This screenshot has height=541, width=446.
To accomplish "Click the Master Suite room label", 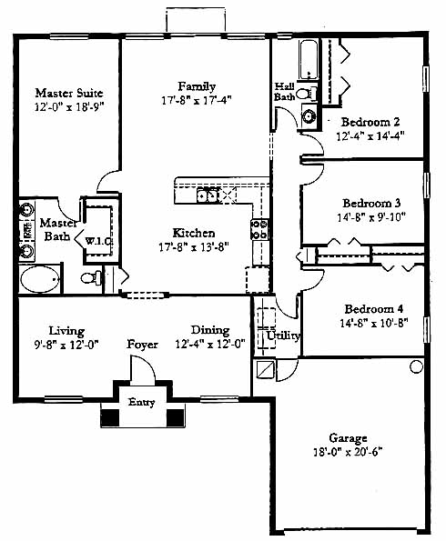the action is (x=69, y=93).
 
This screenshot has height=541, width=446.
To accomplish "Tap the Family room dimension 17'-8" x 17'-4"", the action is (x=197, y=100).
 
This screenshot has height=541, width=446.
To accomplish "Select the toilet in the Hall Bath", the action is (x=307, y=93).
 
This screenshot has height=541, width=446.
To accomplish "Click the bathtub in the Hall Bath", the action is (x=309, y=60).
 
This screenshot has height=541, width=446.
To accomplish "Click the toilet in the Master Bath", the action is (x=92, y=277).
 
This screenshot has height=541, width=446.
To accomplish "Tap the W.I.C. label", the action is (x=98, y=241).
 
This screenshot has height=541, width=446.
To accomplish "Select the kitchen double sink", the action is (x=208, y=195).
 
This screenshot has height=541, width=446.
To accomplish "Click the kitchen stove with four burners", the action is (x=259, y=229).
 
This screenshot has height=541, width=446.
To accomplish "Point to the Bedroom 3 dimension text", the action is (x=371, y=217).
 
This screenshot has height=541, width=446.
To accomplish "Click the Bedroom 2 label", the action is (x=370, y=122).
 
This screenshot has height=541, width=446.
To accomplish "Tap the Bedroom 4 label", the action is (x=374, y=308).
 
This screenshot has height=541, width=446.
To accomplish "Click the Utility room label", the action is (x=283, y=336).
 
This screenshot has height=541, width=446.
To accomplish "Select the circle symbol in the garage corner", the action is (x=416, y=366).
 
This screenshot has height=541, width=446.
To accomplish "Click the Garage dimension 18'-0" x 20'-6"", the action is (x=349, y=452).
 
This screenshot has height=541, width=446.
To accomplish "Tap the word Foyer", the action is (x=142, y=345).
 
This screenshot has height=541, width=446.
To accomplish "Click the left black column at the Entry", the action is (x=110, y=417).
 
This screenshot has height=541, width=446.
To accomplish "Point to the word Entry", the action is (x=141, y=402).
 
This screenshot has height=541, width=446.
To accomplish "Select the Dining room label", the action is (x=210, y=330).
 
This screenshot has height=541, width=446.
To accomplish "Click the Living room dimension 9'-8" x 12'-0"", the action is (x=66, y=345).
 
